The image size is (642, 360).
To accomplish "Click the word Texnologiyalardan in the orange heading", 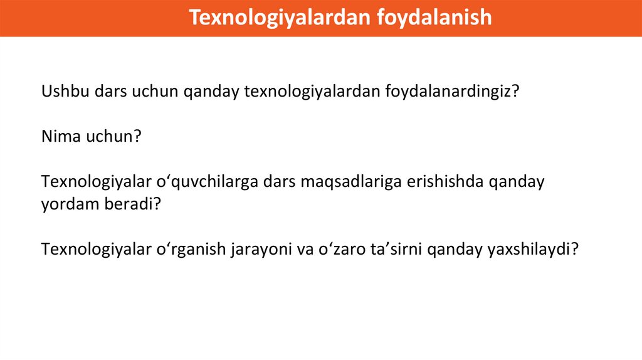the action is (279, 18).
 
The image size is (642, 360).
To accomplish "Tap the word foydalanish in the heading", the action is (434, 18).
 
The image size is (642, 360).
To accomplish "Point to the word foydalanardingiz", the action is (448, 92).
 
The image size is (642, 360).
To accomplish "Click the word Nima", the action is (61, 136).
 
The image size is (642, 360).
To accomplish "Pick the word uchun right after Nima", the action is (110, 136).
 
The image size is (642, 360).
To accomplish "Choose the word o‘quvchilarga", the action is (207, 182).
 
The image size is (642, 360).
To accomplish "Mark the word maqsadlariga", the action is (351, 182).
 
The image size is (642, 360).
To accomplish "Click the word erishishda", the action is (446, 181).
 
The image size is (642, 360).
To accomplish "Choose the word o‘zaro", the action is (342, 248).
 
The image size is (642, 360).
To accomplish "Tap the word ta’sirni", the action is (396, 248).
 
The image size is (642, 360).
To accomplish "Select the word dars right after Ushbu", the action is (110, 91).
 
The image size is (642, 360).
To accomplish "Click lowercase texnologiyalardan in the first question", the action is (312, 92).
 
